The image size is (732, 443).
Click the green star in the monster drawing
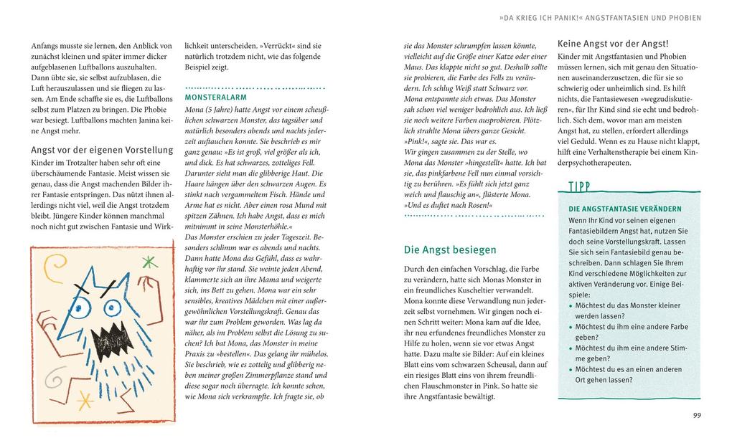point(150,262)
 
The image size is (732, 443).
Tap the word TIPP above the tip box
point(580,188)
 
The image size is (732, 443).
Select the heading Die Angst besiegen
point(450,249)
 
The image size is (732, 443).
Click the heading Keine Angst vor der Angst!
point(613,44)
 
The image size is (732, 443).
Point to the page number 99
point(697,415)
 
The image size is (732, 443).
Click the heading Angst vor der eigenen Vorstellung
point(102,150)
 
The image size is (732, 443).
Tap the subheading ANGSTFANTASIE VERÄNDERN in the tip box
point(615,209)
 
